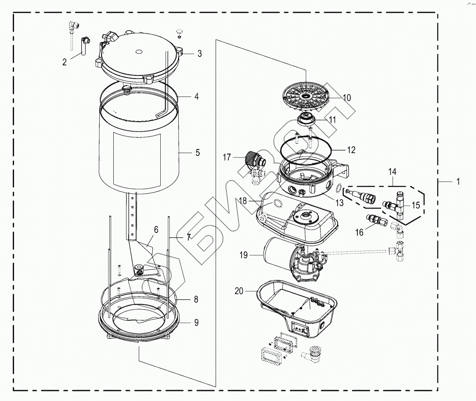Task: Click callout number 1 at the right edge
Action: [458, 182]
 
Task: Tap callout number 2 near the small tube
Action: [65, 62]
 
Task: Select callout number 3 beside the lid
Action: [199, 54]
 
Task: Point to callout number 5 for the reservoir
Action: [198, 153]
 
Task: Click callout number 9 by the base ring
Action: [196, 322]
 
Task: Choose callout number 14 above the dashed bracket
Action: [392, 172]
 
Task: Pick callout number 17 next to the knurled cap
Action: [227, 157]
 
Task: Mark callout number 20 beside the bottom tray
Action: [239, 291]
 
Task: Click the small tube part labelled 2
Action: [83, 46]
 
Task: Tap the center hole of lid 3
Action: [138, 52]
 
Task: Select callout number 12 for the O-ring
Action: [351, 150]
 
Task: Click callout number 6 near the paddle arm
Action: [156, 229]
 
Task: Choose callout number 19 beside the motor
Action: [243, 255]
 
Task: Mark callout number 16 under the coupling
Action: [359, 233]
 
